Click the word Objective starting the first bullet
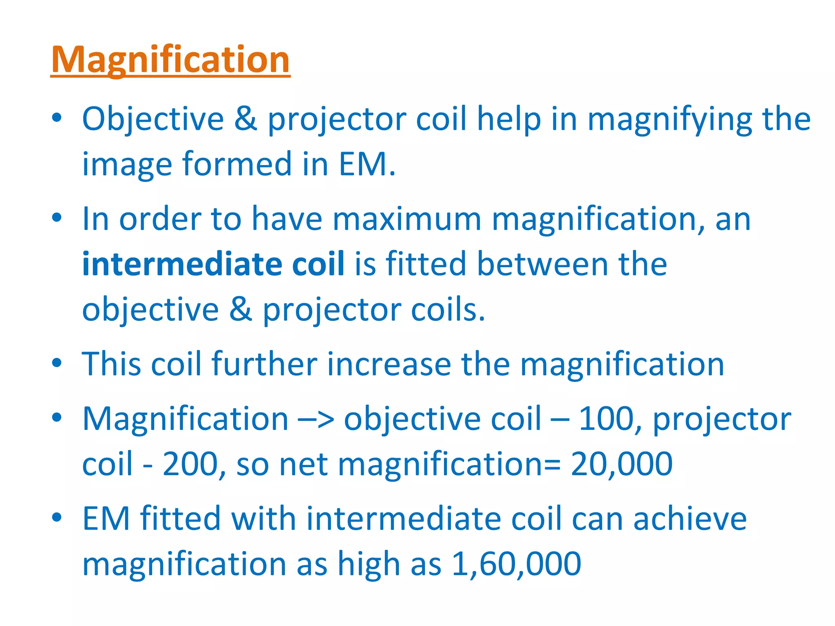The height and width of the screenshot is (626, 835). point(153,119)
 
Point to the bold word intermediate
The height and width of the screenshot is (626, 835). point(182,264)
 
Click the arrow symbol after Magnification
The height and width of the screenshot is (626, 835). point(316,419)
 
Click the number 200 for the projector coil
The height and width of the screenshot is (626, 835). point(190,464)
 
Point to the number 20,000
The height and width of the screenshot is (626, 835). point(621,464)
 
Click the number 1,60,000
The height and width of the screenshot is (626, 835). point(516,564)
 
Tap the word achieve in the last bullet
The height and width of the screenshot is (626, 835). point(690,519)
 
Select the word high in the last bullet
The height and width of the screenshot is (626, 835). point(369,564)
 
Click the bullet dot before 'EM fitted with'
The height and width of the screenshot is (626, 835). point(57,517)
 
